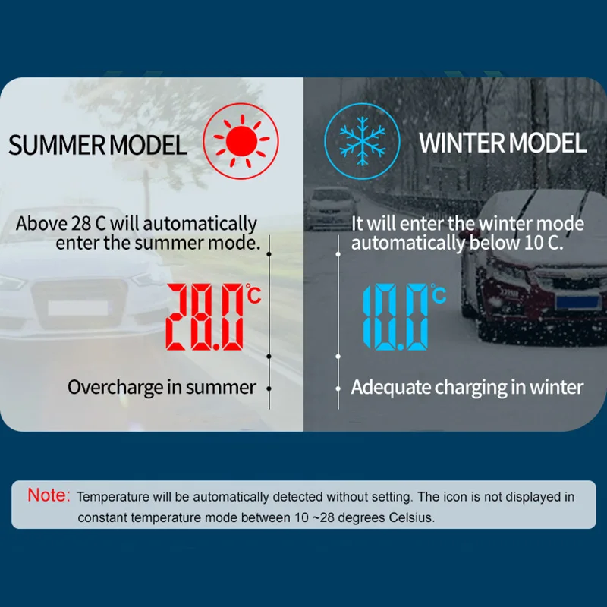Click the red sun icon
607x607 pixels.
pyautogui.click(x=241, y=141)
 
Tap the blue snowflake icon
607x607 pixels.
pyautogui.click(x=362, y=141)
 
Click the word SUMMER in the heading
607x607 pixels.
pyautogui.click(x=56, y=145)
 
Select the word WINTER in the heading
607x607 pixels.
pyautogui.click(x=461, y=143)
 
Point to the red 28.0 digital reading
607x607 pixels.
pyautogui.click(x=204, y=316)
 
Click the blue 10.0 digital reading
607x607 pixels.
pyautogui.click(x=395, y=316)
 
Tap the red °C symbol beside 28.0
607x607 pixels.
pyautogui.click(x=253, y=294)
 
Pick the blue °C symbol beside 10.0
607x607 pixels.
pyautogui.click(x=438, y=294)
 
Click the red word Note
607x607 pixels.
pyautogui.click(x=49, y=495)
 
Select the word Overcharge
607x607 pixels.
pyautogui.click(x=115, y=387)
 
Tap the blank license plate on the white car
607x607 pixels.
pyautogui.click(x=78, y=308)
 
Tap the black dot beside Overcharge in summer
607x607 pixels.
pyautogui.click(x=269, y=388)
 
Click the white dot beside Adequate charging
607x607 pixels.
pyautogui.click(x=338, y=388)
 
